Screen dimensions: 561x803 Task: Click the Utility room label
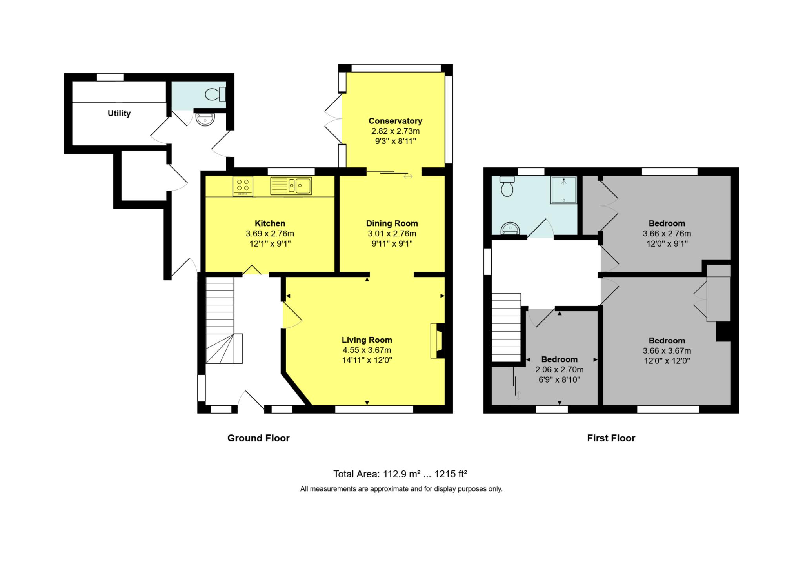tap(119, 113)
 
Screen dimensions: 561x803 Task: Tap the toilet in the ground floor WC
tap(215, 94)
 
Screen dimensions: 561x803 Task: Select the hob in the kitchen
tap(243, 186)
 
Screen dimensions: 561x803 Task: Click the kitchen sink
tap(291, 186)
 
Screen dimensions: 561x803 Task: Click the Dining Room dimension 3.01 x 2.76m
tap(392, 234)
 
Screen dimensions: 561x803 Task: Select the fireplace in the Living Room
tap(438, 340)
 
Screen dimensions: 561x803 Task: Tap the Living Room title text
tap(367, 340)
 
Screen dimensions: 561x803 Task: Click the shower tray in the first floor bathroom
tap(563, 190)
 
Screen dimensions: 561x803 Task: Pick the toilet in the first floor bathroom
tap(507, 187)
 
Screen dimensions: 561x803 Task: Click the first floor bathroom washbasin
tap(511, 228)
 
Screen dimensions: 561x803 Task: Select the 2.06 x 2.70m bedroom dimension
tap(559, 369)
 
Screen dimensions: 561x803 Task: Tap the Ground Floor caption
tap(258, 438)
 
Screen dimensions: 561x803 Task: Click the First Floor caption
tap(611, 438)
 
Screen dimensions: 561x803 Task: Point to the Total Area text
tap(400, 474)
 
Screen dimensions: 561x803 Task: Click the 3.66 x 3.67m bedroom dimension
tap(667, 350)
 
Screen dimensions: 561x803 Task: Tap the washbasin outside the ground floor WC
tap(205, 119)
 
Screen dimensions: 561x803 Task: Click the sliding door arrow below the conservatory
tap(408, 176)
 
